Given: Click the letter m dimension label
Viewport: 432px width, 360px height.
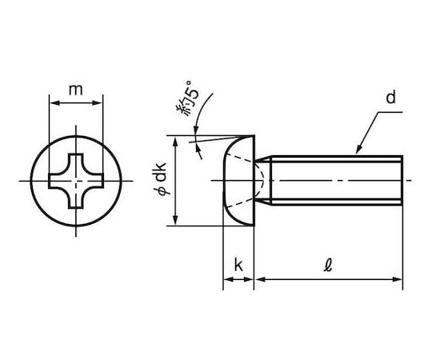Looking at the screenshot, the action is point(75,90).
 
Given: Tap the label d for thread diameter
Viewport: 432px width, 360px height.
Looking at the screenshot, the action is point(390,98).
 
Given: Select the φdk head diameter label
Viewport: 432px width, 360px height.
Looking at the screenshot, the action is point(160,179).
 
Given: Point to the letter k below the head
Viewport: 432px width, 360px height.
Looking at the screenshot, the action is point(238,265).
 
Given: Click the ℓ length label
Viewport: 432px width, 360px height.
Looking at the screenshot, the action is point(328,266).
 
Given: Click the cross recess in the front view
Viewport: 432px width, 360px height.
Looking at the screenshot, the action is point(76,181).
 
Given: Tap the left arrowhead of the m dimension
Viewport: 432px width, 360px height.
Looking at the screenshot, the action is point(54,103).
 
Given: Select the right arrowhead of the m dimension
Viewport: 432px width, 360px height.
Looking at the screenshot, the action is point(98,103).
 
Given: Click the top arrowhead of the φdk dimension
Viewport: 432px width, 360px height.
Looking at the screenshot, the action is point(175,141).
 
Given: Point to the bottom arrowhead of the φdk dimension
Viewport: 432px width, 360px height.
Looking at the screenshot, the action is point(175,220).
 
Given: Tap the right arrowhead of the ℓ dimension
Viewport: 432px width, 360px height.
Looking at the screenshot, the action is point(398,279).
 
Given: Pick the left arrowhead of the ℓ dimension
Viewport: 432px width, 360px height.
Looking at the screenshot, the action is point(259,279).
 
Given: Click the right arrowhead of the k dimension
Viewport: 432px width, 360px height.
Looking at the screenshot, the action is point(249,279).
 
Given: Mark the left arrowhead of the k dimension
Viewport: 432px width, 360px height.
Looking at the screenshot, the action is point(228,279).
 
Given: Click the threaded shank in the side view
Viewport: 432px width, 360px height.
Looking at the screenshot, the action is point(336,181).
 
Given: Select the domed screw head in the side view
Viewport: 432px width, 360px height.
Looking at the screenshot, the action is point(239,181).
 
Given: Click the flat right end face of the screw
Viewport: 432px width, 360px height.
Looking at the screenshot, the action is point(402,181).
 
